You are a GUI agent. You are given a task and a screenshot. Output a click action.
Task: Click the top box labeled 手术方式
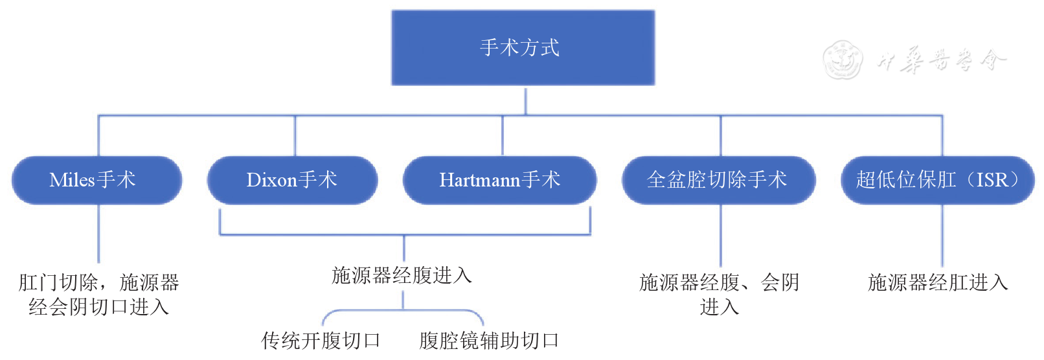[x=523, y=48]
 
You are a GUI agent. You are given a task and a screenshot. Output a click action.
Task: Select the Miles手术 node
[x=97, y=180]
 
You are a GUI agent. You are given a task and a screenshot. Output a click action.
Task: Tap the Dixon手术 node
[x=292, y=180]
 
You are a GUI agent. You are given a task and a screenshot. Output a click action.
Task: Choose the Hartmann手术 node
[x=499, y=180]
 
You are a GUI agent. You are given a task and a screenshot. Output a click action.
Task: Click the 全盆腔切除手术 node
[x=718, y=180]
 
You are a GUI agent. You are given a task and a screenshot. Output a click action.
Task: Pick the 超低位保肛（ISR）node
[x=937, y=180]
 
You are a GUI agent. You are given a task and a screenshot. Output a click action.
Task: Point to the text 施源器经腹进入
[x=402, y=276]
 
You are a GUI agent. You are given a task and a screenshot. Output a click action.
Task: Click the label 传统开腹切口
[x=321, y=341]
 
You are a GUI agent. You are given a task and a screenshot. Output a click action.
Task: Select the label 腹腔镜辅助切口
[x=489, y=341]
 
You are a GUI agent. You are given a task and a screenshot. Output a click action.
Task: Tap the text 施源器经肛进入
[x=938, y=282]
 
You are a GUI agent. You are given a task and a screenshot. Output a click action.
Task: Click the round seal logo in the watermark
[x=843, y=60]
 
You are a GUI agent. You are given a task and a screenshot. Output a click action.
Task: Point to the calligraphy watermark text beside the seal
[x=942, y=60]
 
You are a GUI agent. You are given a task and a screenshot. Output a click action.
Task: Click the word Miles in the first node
[x=72, y=180]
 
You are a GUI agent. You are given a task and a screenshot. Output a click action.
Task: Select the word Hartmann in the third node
[x=479, y=180]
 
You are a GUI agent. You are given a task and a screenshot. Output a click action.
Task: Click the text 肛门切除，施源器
[x=98, y=282]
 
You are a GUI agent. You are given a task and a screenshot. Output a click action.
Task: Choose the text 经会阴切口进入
[x=98, y=307]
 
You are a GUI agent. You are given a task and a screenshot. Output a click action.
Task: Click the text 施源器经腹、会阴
[x=719, y=282]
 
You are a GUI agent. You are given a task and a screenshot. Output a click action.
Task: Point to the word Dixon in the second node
[x=271, y=180]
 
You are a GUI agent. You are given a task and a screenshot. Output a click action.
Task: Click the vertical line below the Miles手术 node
[x=98, y=233]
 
